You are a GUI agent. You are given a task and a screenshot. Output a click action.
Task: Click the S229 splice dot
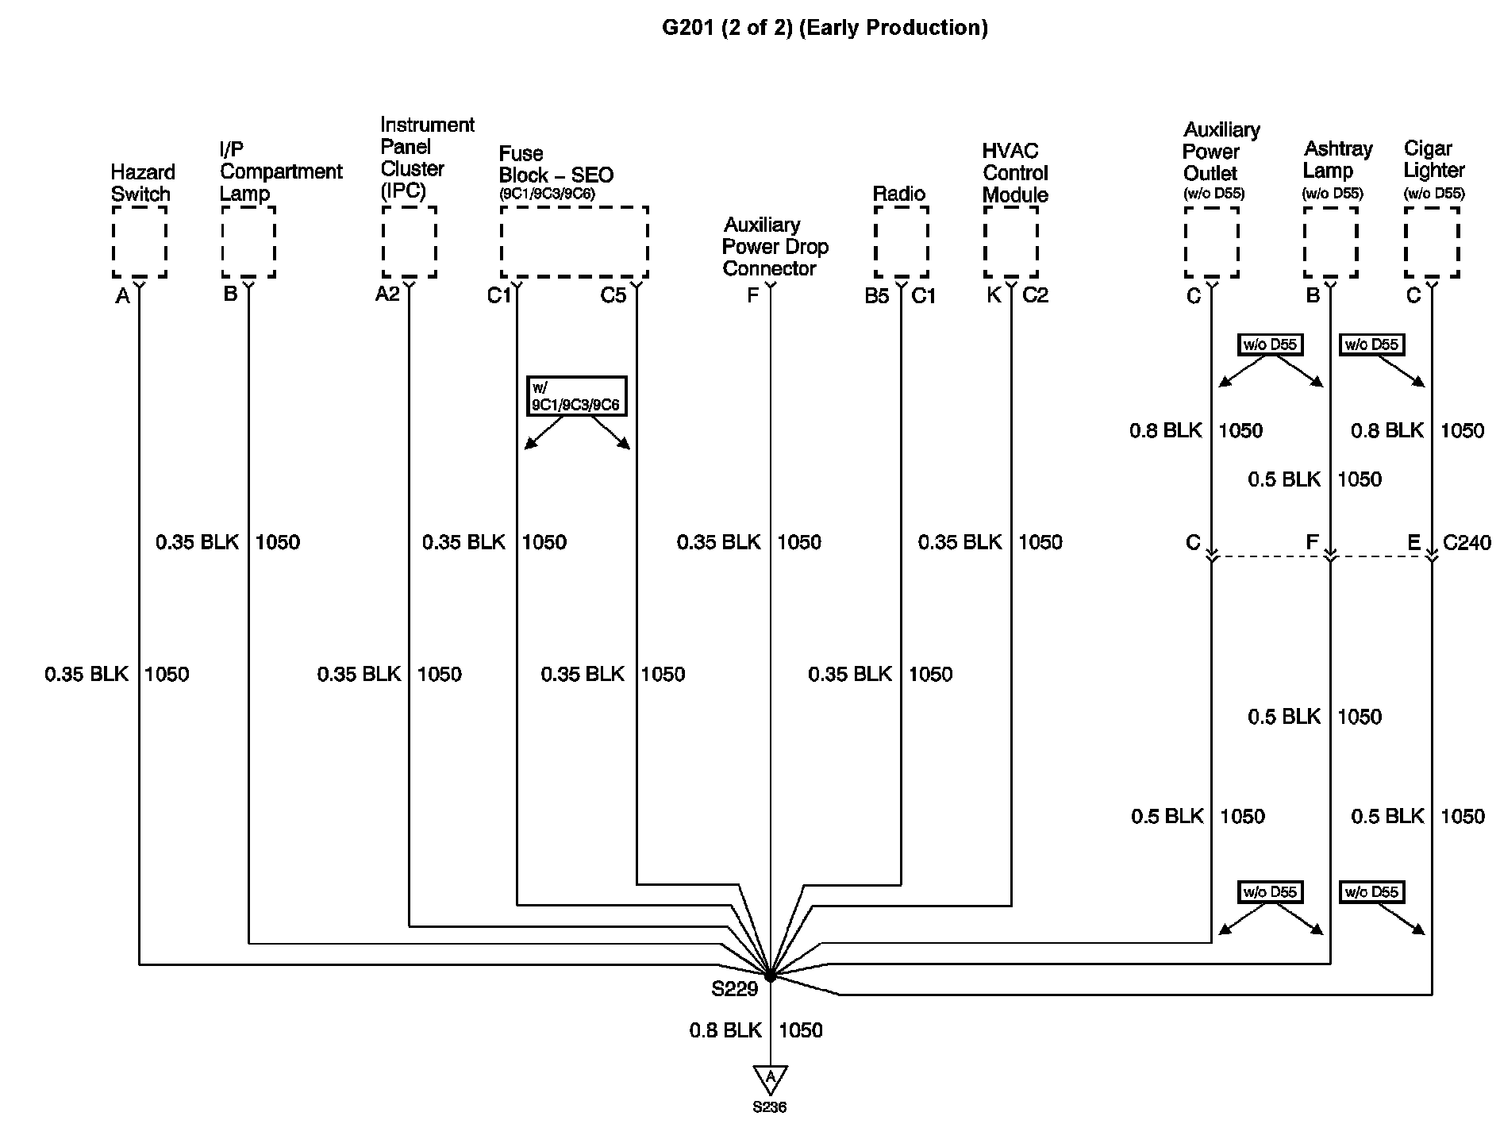(x=770, y=976)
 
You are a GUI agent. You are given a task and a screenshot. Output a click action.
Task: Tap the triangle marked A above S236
(x=770, y=1079)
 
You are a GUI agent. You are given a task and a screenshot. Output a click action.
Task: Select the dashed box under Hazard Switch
(x=140, y=242)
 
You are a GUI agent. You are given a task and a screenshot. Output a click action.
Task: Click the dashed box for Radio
(x=902, y=242)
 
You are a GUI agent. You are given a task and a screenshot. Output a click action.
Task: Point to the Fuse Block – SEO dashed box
(x=575, y=242)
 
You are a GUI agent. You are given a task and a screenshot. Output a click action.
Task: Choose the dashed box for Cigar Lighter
(x=1432, y=242)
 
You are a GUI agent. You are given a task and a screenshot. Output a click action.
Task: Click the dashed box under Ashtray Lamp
(x=1331, y=242)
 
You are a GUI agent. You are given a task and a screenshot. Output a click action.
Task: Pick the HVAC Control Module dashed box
(x=1011, y=242)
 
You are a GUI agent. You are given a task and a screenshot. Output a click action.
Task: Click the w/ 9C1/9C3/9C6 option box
(x=576, y=396)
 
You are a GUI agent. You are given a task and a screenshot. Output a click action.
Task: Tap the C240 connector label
(x=1467, y=543)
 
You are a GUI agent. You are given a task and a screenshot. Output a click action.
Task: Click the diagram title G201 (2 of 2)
(x=825, y=28)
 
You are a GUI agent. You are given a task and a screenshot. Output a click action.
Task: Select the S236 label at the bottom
(x=770, y=1107)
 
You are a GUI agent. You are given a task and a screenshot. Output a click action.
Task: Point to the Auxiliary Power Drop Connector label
(x=775, y=247)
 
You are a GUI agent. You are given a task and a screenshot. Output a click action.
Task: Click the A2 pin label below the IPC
(x=387, y=294)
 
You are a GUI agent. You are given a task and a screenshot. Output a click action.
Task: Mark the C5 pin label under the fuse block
(x=613, y=296)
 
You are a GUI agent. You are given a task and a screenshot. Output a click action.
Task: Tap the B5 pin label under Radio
(x=876, y=296)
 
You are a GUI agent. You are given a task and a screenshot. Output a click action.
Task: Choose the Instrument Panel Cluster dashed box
(x=410, y=242)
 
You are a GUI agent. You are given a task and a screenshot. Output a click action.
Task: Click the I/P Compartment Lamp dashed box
(x=249, y=242)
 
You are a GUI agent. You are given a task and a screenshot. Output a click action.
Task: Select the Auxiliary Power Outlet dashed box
(x=1212, y=242)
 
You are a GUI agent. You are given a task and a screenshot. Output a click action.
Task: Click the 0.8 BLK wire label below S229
(x=725, y=1030)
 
